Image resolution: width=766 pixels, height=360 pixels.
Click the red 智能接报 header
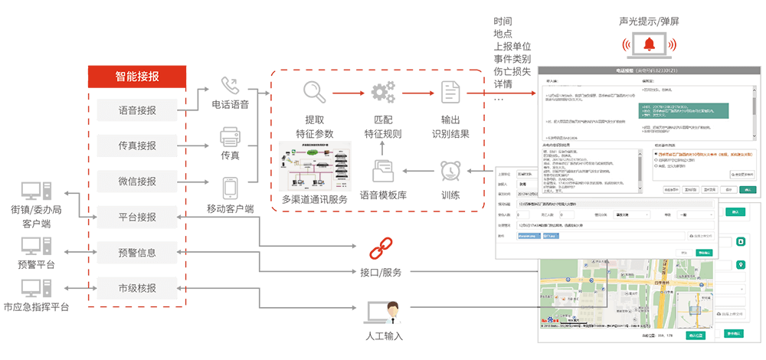click(137, 76)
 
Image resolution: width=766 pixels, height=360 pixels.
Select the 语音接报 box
click(137, 110)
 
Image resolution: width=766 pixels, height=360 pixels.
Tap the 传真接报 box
click(137, 146)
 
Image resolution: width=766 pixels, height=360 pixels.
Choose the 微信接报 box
click(137, 182)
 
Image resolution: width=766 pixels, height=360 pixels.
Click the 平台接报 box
click(137, 217)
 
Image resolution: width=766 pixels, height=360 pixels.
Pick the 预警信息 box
click(137, 252)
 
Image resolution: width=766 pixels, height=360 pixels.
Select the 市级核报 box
click(137, 288)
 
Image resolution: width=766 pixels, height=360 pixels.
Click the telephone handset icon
click(229, 85)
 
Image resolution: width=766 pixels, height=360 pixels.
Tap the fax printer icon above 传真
click(230, 137)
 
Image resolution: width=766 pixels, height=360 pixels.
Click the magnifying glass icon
click(315, 92)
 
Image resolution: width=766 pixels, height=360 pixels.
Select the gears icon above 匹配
click(382, 93)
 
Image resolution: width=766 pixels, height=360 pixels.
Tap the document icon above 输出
click(450, 92)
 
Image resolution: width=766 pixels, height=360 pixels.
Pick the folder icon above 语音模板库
click(382, 170)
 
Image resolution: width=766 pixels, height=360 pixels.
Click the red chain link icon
click(381, 250)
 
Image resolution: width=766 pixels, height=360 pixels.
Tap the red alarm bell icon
click(649, 45)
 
